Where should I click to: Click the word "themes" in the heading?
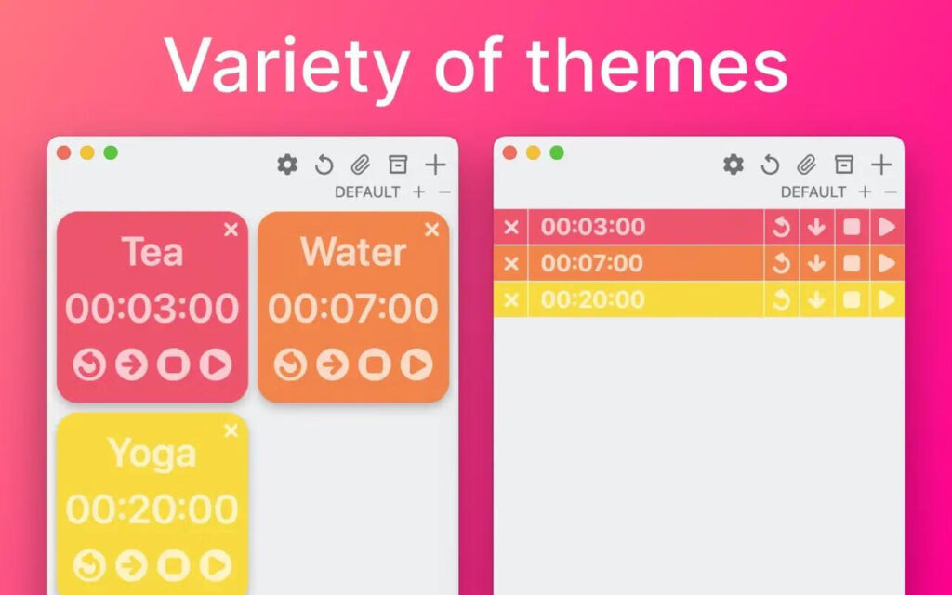(656, 65)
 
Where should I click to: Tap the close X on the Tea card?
(231, 230)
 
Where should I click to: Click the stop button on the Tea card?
(174, 365)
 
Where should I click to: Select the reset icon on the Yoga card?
(90, 564)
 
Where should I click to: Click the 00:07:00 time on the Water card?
(353, 309)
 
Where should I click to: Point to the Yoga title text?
(152, 454)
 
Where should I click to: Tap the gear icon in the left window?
(287, 165)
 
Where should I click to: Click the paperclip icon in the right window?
(806, 165)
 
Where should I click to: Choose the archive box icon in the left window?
(398, 165)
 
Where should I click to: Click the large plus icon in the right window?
(881, 165)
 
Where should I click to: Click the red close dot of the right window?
(509, 152)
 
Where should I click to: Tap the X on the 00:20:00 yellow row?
(510, 299)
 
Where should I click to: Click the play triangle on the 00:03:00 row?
(887, 227)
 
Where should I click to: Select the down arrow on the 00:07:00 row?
(816, 263)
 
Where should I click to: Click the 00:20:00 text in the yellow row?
(592, 299)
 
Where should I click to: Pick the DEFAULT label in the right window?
(813, 192)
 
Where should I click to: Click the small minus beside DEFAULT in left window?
(444, 192)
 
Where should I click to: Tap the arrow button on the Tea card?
(132, 365)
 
